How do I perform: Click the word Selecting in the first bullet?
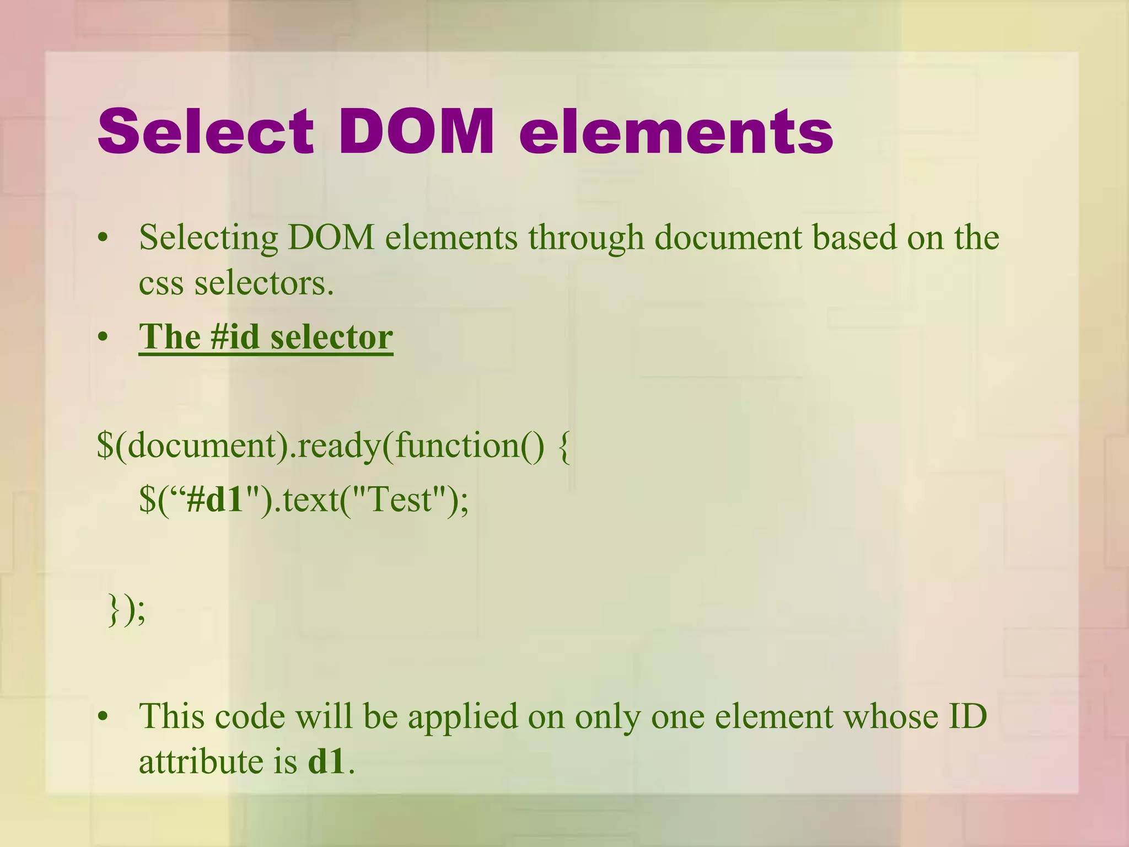pos(208,238)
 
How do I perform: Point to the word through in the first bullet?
pos(586,238)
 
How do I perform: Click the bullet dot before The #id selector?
pos(103,337)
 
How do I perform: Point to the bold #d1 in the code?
pos(215,500)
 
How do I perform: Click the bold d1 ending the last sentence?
pos(327,762)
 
